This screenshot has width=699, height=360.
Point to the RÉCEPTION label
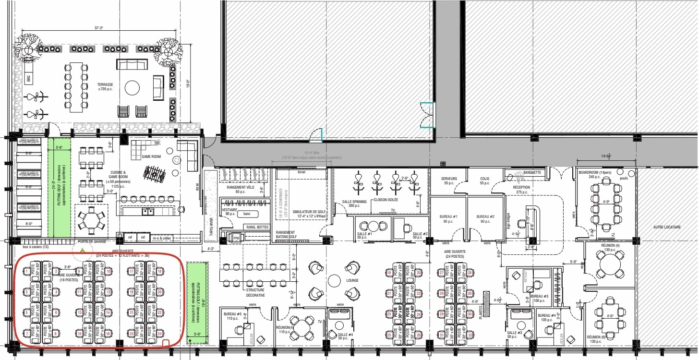[521, 187]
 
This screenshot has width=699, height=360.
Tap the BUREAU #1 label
[448, 216]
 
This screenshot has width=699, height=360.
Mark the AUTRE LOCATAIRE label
[667, 227]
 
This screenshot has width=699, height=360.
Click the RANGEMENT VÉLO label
[240, 187]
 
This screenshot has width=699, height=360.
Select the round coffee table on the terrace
[132, 87]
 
